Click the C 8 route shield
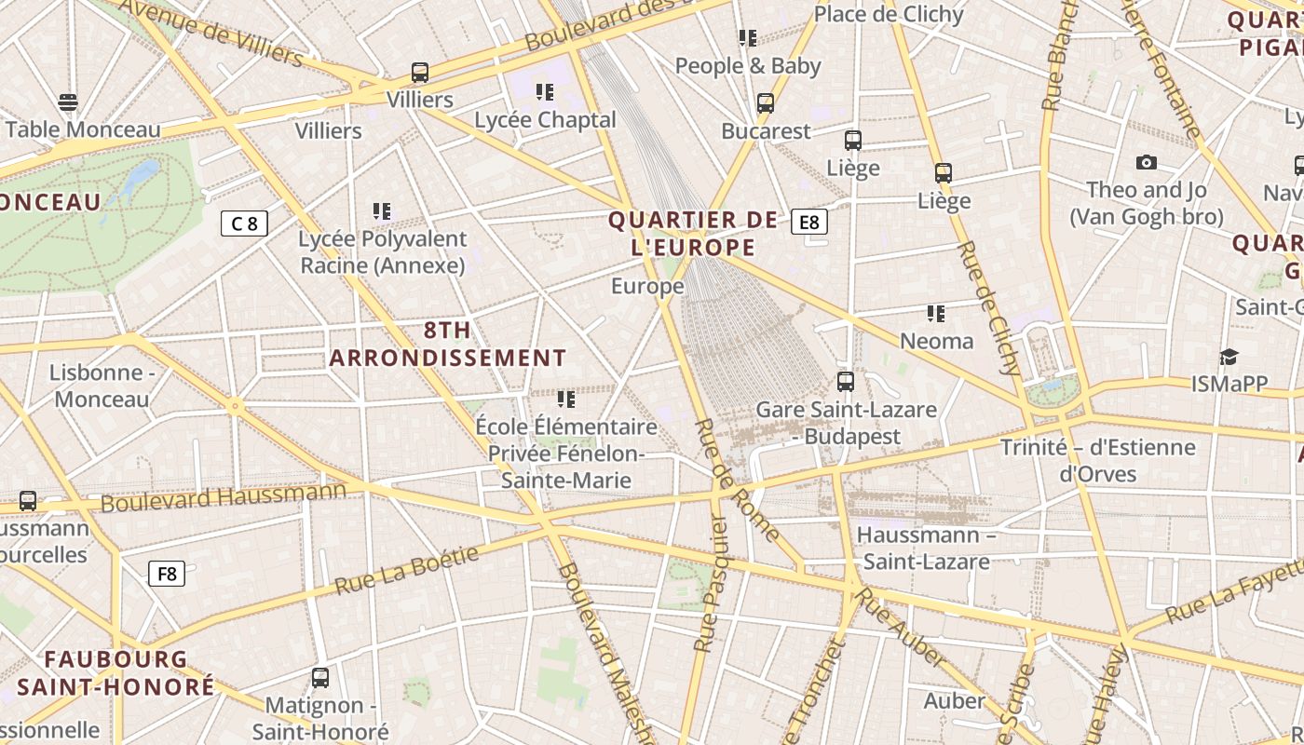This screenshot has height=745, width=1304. click(244, 223)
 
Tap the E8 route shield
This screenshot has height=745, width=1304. click(808, 222)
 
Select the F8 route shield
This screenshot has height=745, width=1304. click(167, 574)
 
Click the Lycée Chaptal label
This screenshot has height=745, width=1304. click(545, 120)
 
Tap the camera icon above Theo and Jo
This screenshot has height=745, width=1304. click(1147, 163)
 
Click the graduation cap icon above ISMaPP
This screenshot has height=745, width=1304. click(1229, 358)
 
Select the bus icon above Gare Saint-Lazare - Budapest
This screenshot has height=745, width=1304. click(846, 382)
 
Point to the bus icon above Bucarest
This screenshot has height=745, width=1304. click(766, 103)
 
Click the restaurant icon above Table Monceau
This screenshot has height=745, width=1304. click(68, 102)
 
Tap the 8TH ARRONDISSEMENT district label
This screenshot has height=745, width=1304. click(448, 344)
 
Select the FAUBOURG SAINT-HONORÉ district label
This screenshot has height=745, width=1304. click(116, 673)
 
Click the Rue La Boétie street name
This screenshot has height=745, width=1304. click(406, 571)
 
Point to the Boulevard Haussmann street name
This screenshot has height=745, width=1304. click(223, 497)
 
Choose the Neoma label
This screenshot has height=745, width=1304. click(937, 342)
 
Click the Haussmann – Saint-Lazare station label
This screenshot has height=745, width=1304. click(925, 549)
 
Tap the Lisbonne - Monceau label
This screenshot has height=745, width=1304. click(102, 386)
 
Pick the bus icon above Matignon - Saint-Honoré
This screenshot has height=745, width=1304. click(320, 678)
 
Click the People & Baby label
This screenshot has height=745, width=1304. click(748, 66)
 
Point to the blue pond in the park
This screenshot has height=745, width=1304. click(138, 178)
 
